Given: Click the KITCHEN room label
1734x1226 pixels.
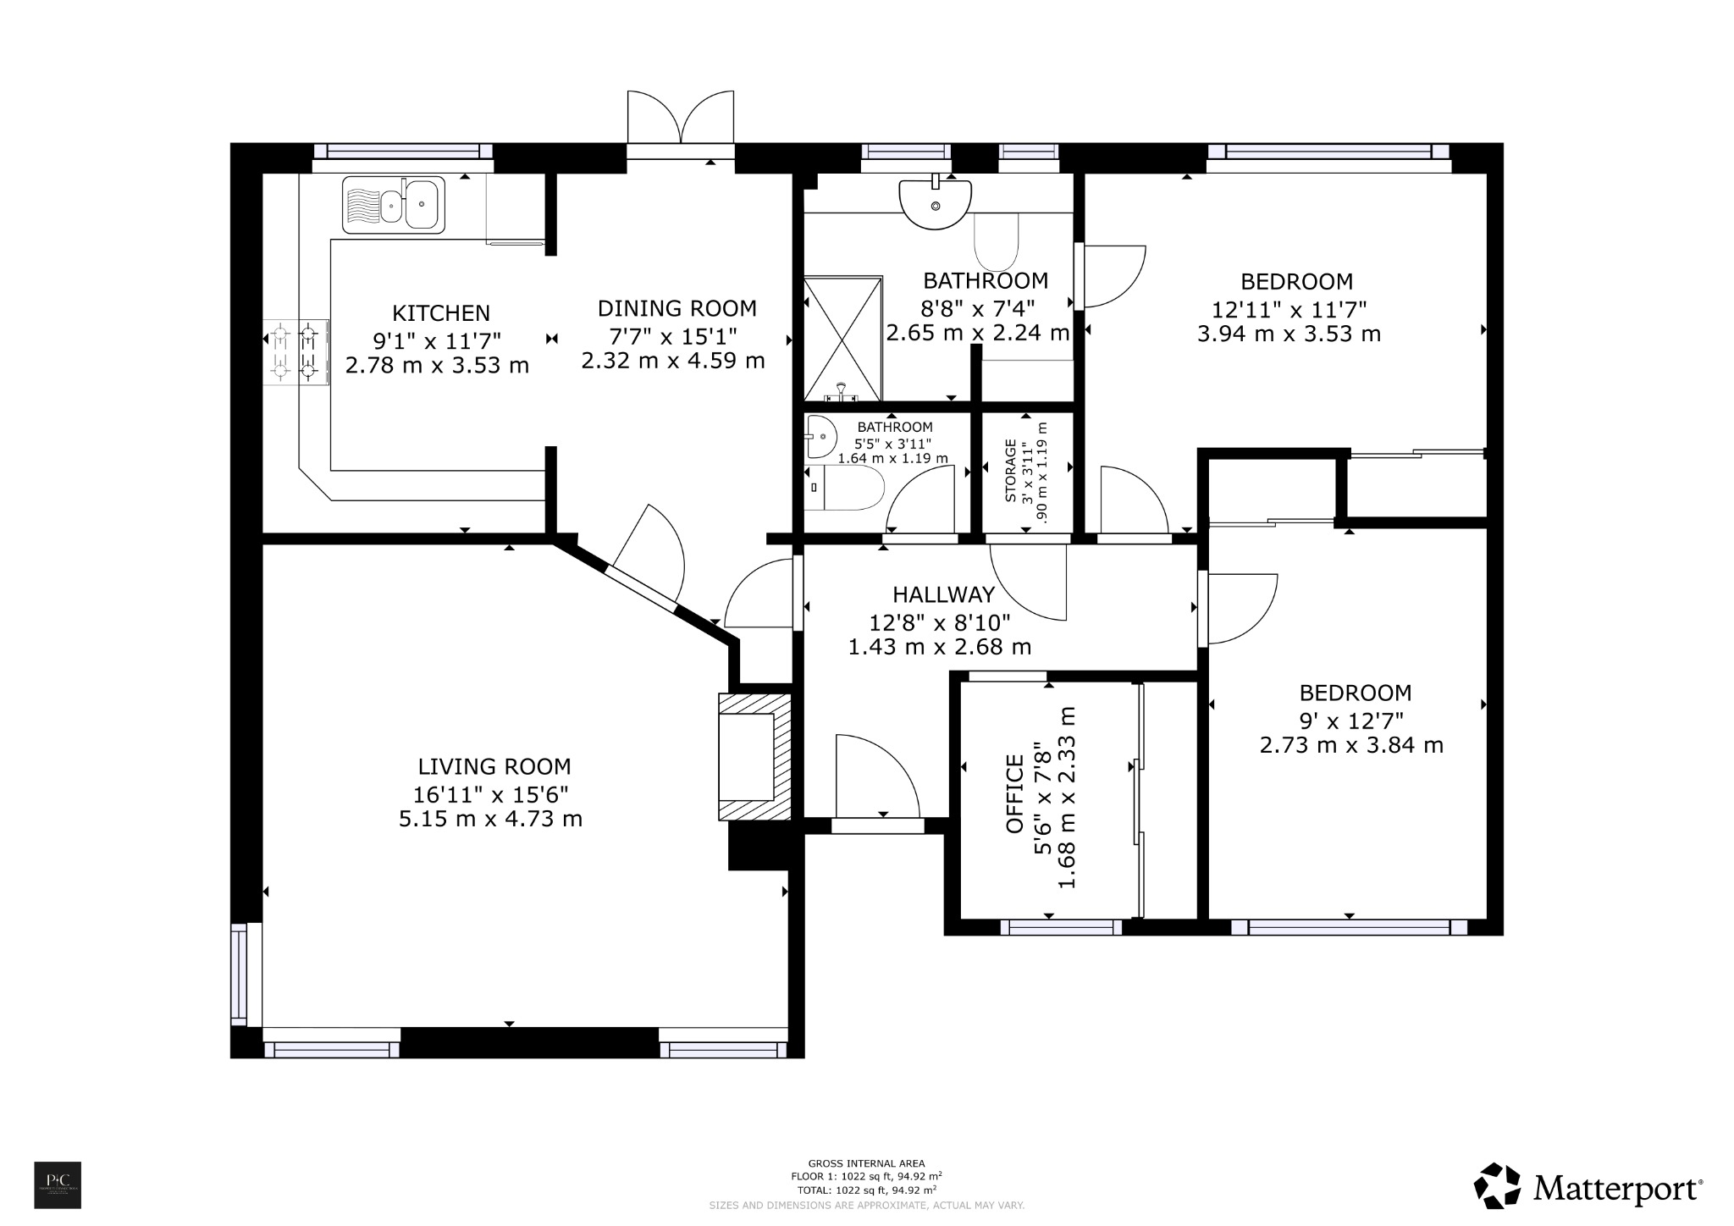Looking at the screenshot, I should pos(441,313).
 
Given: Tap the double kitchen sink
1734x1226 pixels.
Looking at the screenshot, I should pos(393,205).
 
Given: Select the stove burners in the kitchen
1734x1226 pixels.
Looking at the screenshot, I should pos(295,351).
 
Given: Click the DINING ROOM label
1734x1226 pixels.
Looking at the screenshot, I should pos(676,308).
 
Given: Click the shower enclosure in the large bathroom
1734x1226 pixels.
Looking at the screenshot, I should pos(842,339).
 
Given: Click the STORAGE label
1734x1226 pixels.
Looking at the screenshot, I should pos(1010,471).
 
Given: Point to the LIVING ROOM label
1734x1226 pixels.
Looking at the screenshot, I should pos(494,767).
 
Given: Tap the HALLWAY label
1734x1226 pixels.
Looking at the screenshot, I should pos(943,595).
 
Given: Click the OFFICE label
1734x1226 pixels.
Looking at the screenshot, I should pos(1014,794).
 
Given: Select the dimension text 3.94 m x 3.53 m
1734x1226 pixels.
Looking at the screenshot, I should pos(1289,334).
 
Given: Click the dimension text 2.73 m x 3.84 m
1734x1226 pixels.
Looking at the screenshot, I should pos(1351,745).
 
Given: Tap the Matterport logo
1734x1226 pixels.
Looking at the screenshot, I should pos(1588,1189).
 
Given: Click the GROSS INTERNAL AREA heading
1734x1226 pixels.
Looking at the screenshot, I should pos(866,1163).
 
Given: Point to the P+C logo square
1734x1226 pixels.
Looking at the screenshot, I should pos(58,1185).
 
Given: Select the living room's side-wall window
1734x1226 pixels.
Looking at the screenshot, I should pos(240,973).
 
